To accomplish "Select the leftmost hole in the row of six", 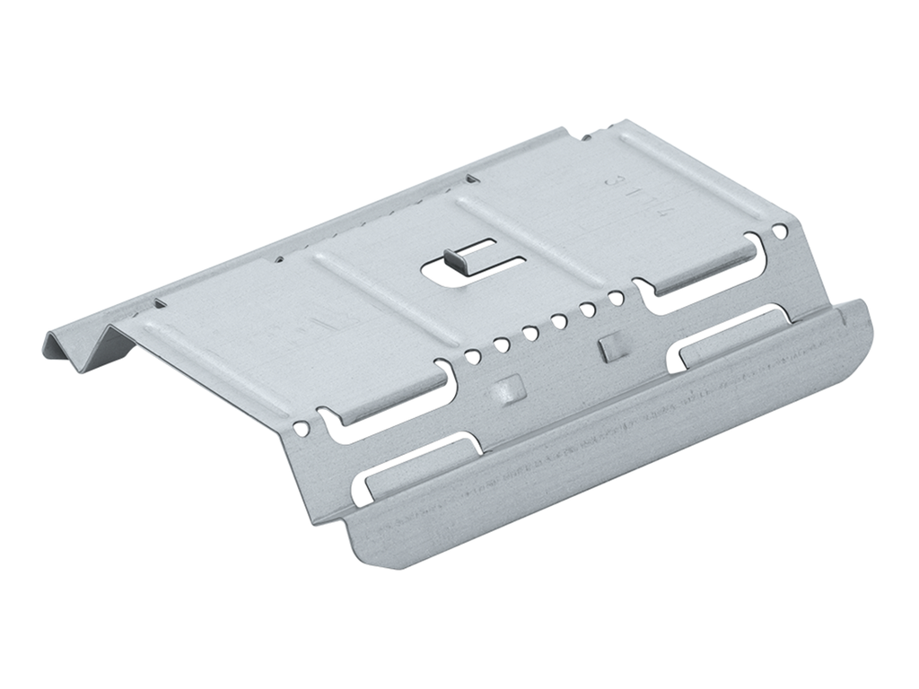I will (x=471, y=356).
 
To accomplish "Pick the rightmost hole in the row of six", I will (x=617, y=297).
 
